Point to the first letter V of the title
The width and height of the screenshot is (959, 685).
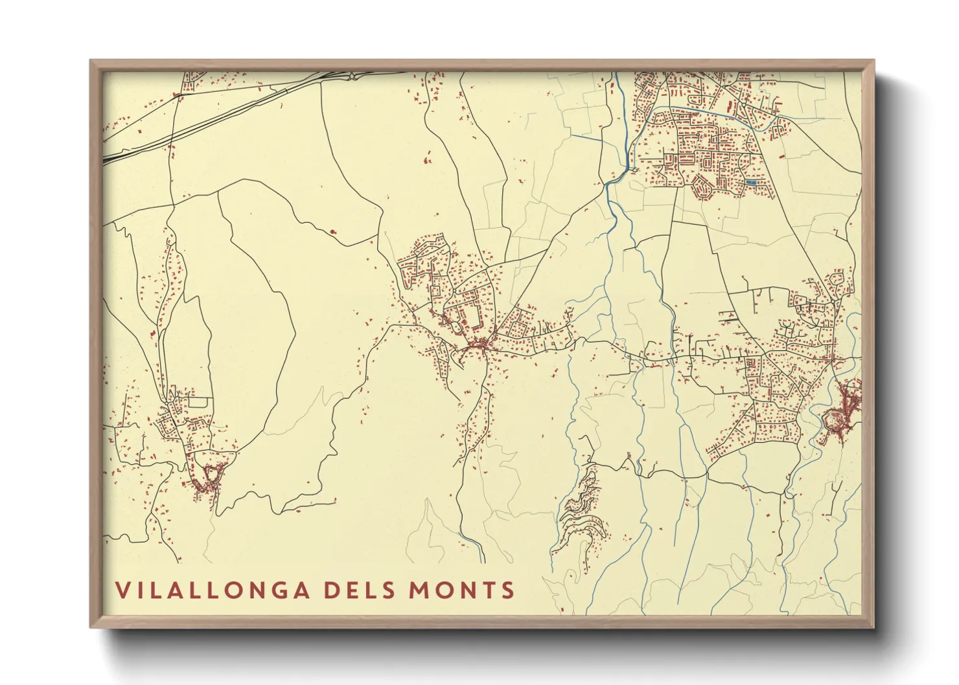[121, 590]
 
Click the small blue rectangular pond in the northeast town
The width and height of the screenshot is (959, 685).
[751, 183]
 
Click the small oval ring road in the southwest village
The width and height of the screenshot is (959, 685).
[209, 476]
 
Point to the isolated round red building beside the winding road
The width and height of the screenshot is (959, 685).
[333, 231]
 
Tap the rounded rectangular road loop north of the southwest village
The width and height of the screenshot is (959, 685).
[199, 402]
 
